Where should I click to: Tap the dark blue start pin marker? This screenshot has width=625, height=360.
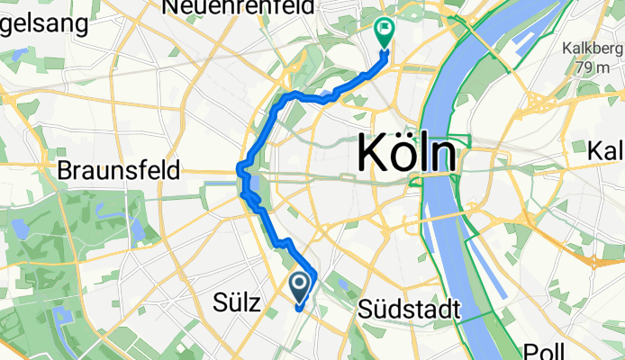point(300,286)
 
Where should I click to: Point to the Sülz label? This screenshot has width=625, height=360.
point(239,304)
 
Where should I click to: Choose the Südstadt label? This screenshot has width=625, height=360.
point(409,310)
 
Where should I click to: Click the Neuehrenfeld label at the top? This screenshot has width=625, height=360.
point(238,7)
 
